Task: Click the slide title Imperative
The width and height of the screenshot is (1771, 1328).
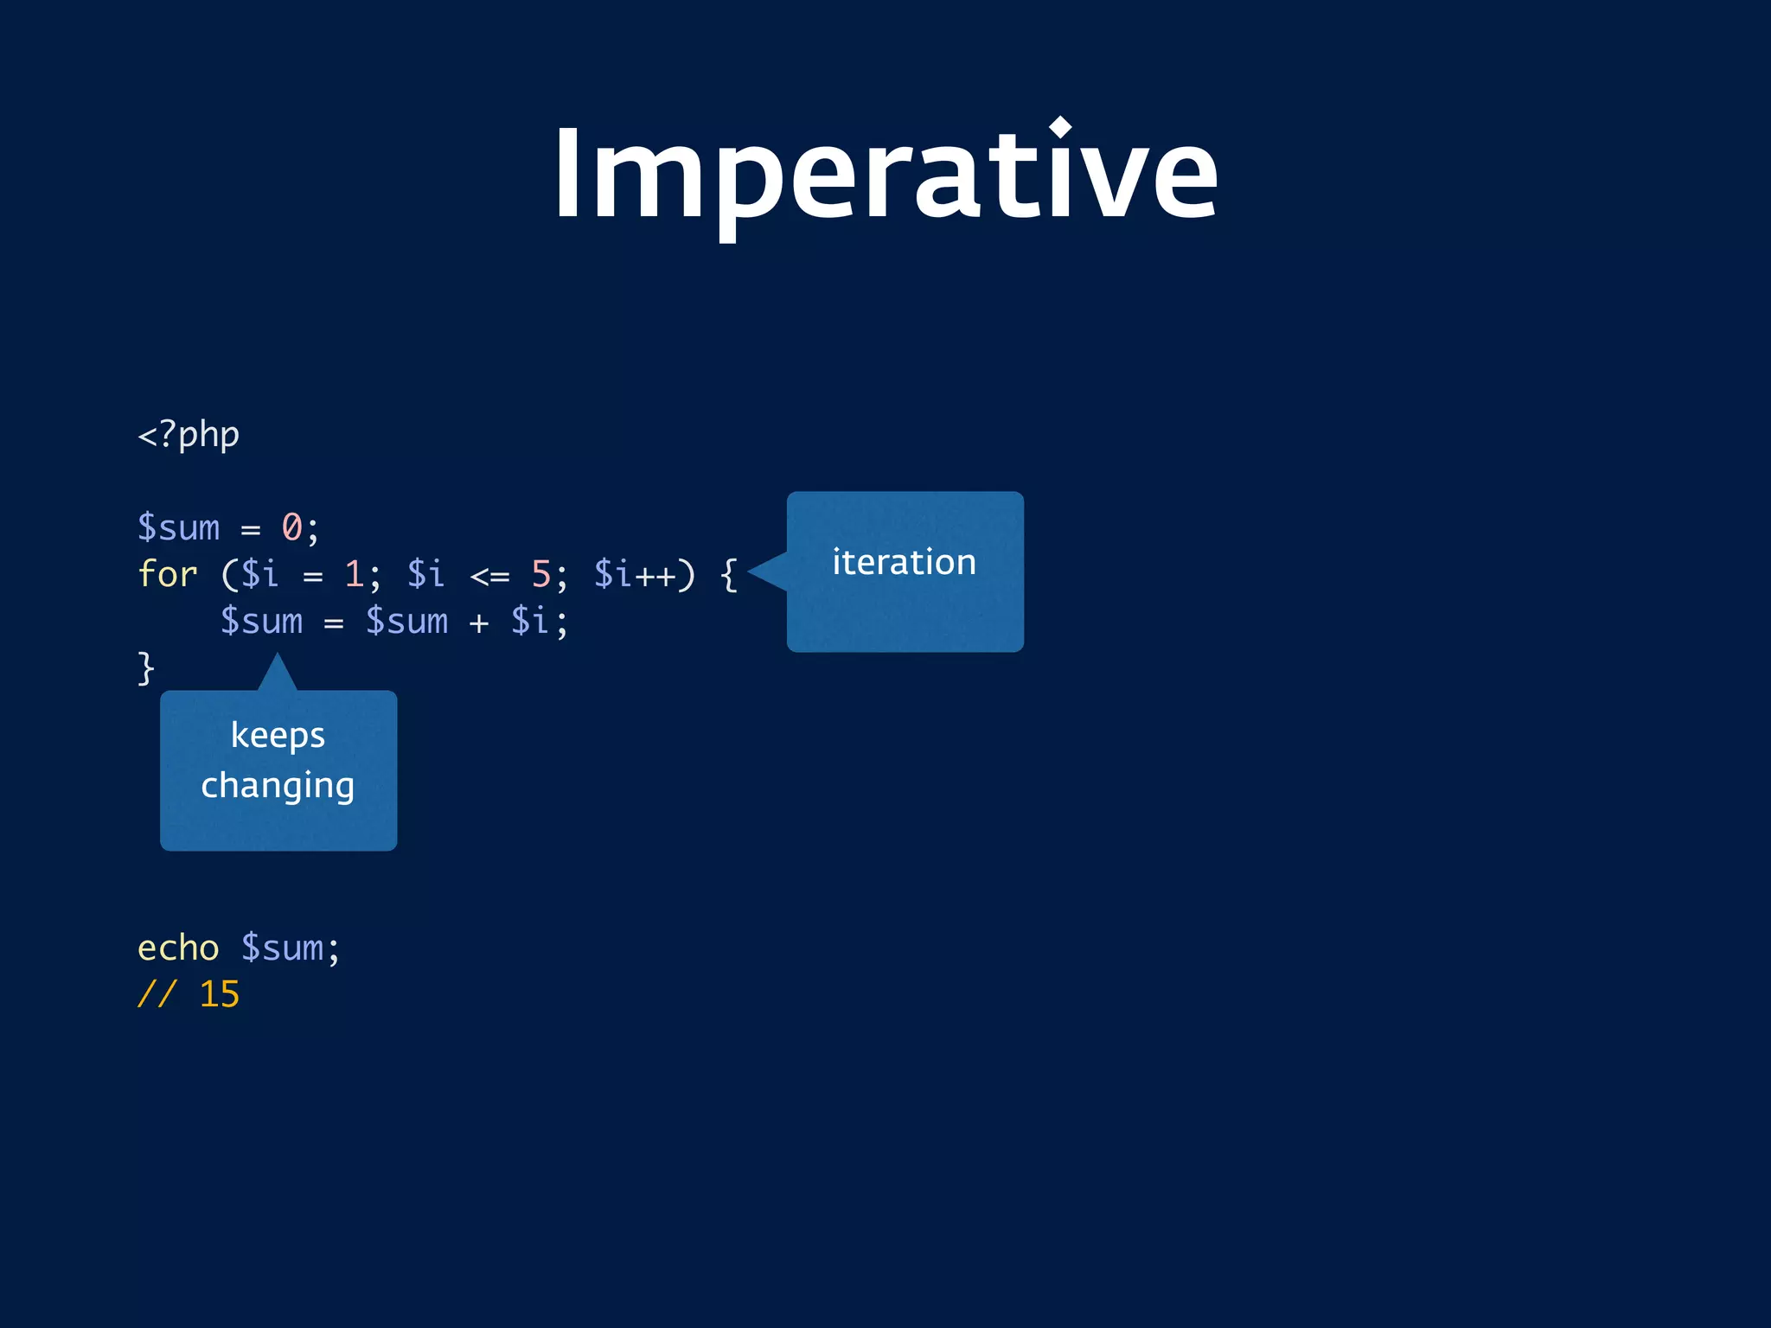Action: click(x=885, y=173)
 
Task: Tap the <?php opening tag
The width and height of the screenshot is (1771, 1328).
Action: click(x=189, y=434)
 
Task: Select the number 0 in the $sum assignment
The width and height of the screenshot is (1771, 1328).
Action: click(x=292, y=527)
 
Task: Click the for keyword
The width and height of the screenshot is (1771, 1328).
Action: click(x=168, y=573)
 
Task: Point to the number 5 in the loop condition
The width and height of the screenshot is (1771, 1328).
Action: click(x=541, y=573)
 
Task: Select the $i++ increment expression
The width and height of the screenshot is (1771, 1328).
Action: click(x=635, y=574)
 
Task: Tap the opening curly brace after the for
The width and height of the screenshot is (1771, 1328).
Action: click(x=729, y=574)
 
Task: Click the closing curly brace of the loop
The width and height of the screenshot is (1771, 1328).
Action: click(x=146, y=668)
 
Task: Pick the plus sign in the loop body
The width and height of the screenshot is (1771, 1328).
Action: click(x=479, y=622)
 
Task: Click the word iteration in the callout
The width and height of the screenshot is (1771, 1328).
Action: click(x=905, y=562)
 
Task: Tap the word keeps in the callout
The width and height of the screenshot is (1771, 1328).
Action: click(x=278, y=736)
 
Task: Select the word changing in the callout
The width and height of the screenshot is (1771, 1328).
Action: click(x=278, y=786)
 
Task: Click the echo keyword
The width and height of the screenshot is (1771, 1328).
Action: click(x=178, y=948)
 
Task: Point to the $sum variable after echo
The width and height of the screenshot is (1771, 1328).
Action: click(x=282, y=948)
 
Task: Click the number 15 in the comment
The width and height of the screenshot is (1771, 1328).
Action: click(x=220, y=994)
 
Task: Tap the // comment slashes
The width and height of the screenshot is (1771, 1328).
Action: click(x=157, y=994)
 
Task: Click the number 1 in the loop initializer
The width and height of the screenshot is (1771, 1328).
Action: click(x=354, y=573)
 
